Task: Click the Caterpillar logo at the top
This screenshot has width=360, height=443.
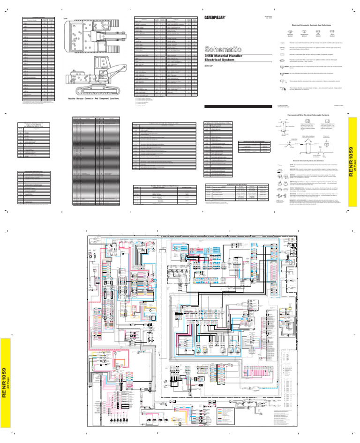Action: coord(216,18)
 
